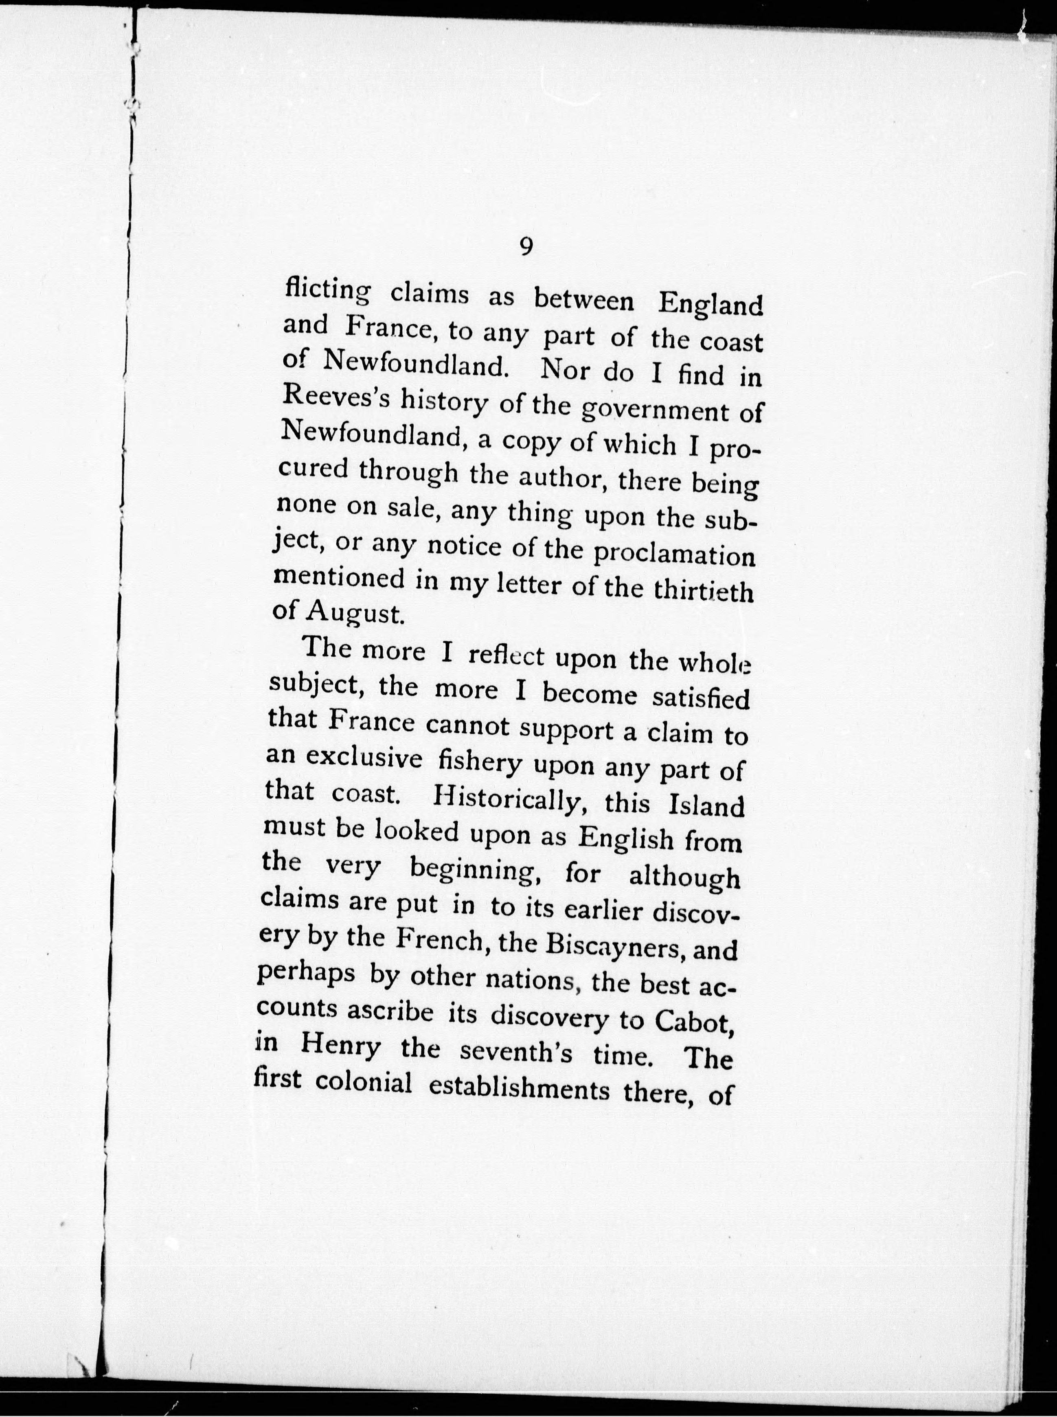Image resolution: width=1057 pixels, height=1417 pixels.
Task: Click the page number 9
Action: (526, 246)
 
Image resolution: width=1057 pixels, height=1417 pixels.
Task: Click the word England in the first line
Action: (711, 304)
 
